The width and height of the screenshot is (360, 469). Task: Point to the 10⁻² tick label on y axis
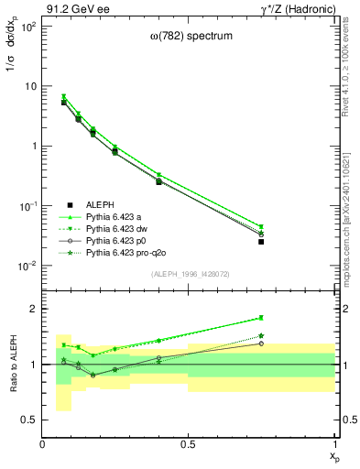point(27,266)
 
